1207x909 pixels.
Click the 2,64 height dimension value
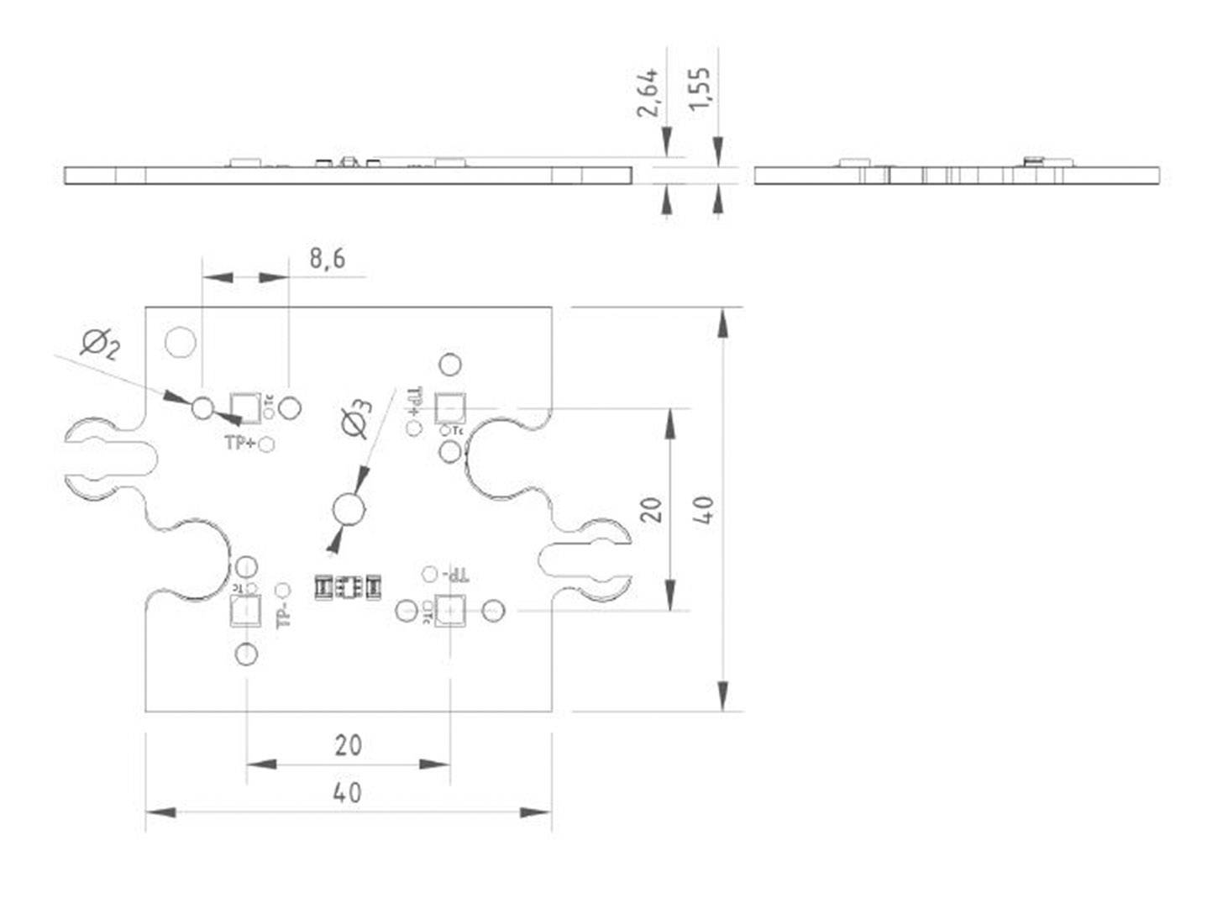point(648,93)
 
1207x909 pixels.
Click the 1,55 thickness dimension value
point(699,87)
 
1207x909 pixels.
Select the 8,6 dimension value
point(327,258)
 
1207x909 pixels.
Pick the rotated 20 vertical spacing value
point(652,509)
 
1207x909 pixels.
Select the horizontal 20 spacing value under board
point(348,744)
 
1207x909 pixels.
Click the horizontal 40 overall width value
point(348,792)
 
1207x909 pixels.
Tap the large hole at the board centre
point(349,509)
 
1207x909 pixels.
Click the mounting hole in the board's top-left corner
point(180,342)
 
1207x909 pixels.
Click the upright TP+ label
point(240,443)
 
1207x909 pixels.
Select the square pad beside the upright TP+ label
point(245,407)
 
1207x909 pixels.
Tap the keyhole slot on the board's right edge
point(586,560)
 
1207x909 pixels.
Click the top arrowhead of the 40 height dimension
point(722,323)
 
